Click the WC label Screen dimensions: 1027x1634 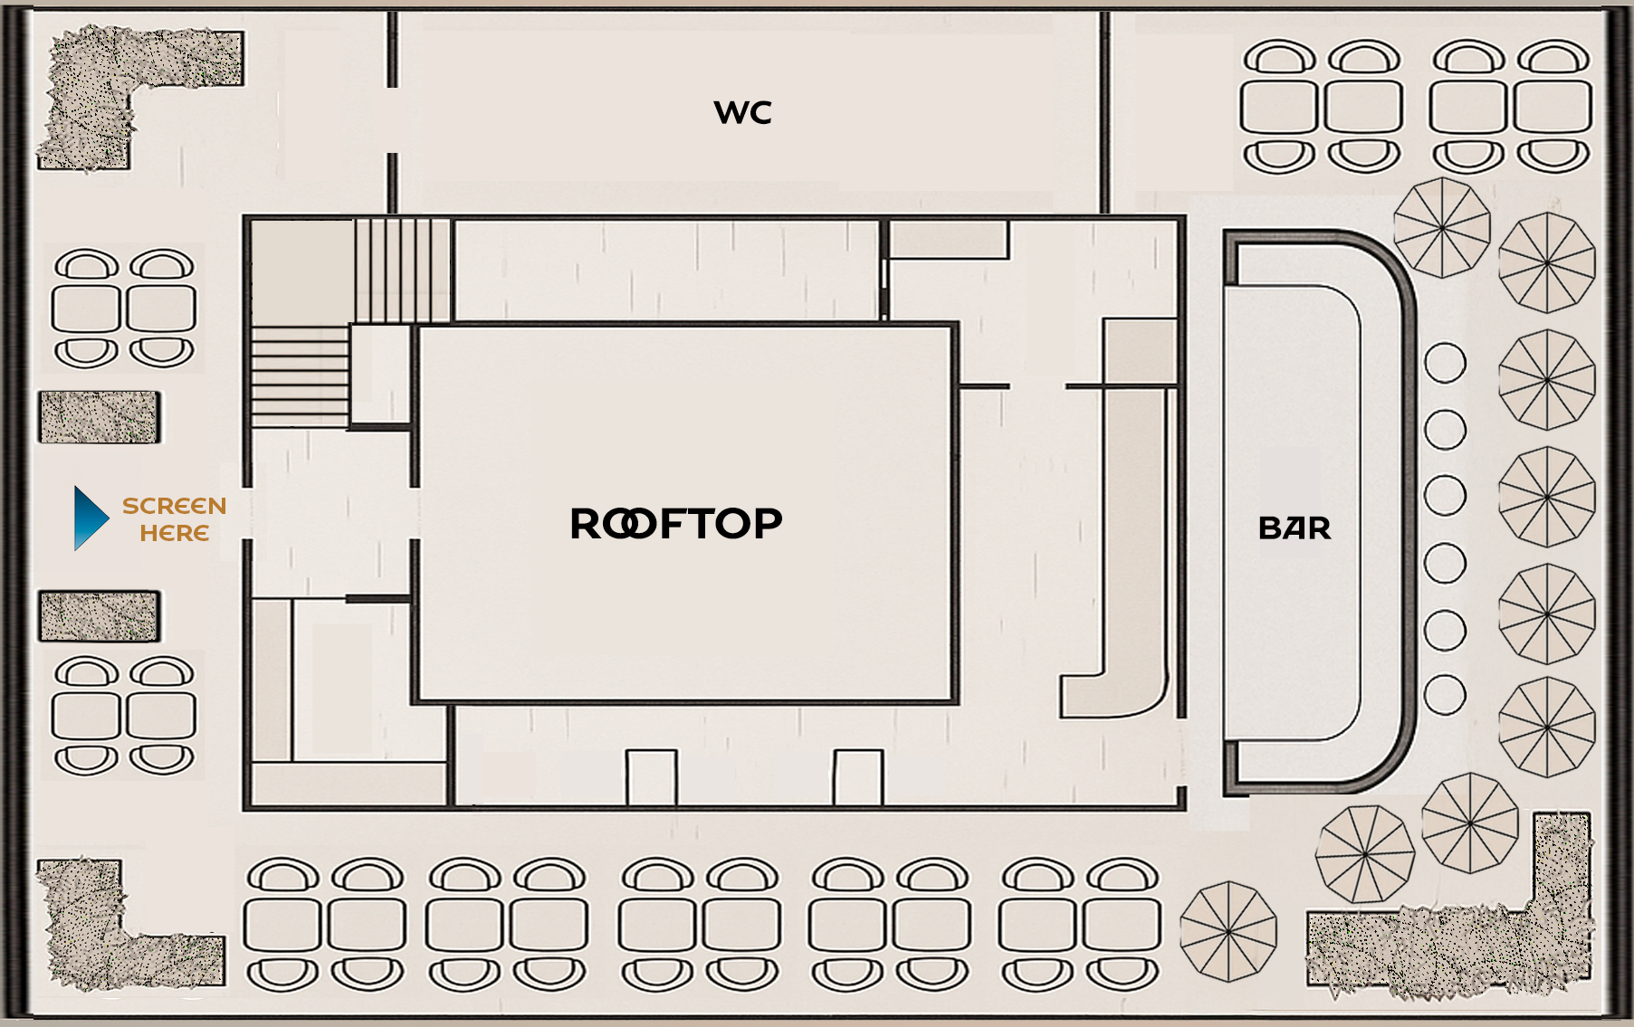(x=742, y=112)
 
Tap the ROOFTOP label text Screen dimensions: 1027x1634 (x=675, y=524)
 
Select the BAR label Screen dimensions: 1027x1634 (x=1295, y=528)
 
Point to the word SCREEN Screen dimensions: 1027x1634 (x=174, y=506)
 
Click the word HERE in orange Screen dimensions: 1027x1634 (x=174, y=533)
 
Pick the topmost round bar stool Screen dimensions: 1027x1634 (x=1445, y=363)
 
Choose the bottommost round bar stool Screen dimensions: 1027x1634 (x=1445, y=695)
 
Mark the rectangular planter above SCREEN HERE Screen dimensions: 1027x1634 (x=100, y=417)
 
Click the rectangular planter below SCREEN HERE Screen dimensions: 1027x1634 (x=100, y=616)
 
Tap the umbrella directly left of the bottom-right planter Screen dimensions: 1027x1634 (x=1228, y=931)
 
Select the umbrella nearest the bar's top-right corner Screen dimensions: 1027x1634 (x=1441, y=227)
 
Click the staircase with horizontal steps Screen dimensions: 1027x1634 (x=300, y=376)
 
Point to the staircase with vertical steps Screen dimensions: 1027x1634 (x=402, y=270)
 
